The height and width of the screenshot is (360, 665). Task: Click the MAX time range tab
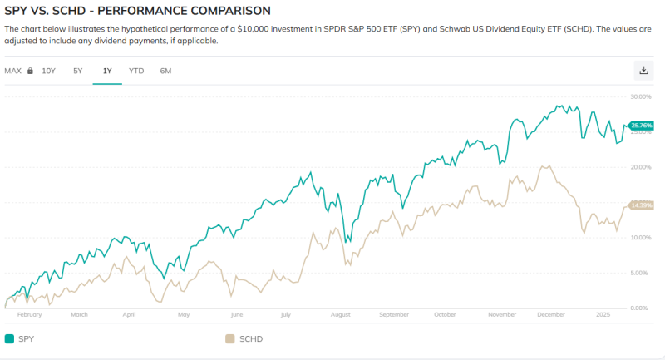click(x=12, y=71)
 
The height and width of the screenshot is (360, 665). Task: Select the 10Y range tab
click(x=48, y=71)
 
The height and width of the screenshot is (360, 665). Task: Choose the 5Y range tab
click(x=78, y=71)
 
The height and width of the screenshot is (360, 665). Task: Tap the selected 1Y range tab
click(x=107, y=71)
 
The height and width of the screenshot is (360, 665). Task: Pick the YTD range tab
click(x=136, y=71)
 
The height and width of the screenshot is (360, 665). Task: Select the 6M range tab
click(x=165, y=71)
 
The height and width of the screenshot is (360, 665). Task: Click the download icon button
click(x=643, y=71)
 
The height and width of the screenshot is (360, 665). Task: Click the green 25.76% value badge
click(x=642, y=126)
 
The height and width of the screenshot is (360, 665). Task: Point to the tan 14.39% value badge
click(x=642, y=205)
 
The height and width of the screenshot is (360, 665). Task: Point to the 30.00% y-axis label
click(x=641, y=96)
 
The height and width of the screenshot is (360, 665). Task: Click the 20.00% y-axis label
click(x=641, y=167)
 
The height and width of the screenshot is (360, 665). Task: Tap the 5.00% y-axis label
click(x=641, y=273)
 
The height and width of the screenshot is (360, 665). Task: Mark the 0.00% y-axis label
click(x=641, y=308)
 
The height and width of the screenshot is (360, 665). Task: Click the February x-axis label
click(x=29, y=315)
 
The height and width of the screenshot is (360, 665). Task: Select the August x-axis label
click(x=340, y=315)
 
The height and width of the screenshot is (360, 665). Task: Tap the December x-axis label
click(x=550, y=315)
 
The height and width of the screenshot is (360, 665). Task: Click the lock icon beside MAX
click(x=30, y=71)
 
